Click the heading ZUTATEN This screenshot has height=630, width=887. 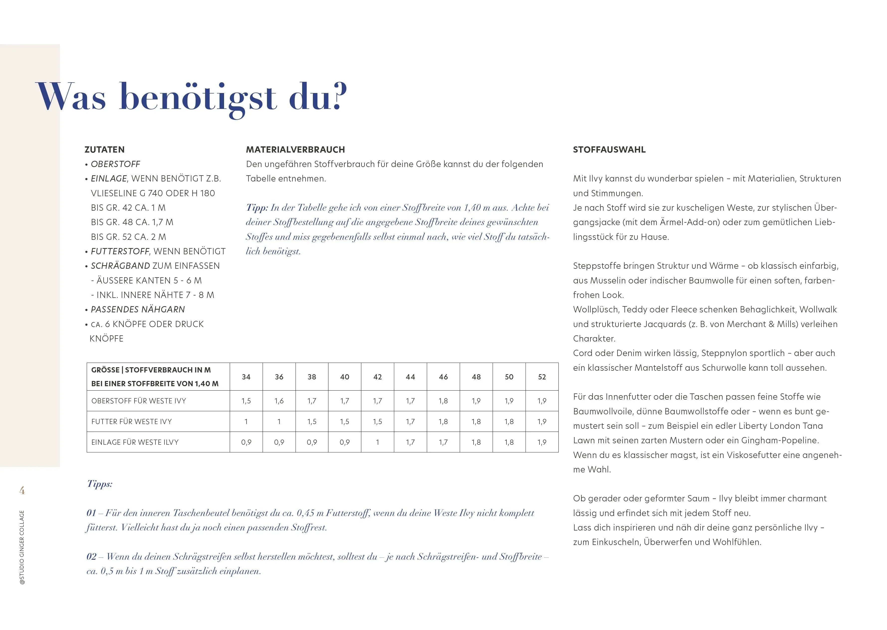pyautogui.click(x=105, y=150)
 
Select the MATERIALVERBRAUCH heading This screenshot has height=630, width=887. pyautogui.click(x=295, y=150)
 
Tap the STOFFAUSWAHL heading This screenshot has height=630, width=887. pyautogui.click(x=609, y=150)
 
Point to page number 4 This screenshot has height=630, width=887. pyautogui.click(x=22, y=491)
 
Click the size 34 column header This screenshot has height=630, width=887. pyautogui.click(x=246, y=377)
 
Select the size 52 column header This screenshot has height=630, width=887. pyautogui.click(x=542, y=377)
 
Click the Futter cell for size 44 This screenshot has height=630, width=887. pyautogui.click(x=410, y=422)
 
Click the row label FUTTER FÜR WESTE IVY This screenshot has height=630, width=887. pyautogui.click(x=131, y=422)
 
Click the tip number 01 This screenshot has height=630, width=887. pyautogui.click(x=91, y=513)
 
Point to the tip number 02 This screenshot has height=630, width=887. pyautogui.click(x=91, y=557)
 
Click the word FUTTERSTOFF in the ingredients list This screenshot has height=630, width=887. pyautogui.click(x=120, y=251)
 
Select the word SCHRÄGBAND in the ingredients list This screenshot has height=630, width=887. pyautogui.click(x=120, y=266)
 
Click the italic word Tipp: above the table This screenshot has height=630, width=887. pyautogui.click(x=257, y=207)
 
